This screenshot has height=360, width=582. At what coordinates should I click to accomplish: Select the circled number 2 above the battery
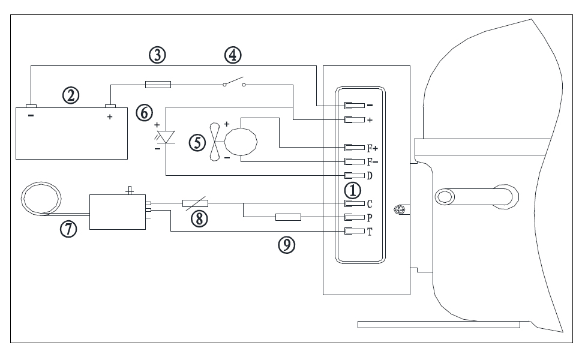click(71, 95)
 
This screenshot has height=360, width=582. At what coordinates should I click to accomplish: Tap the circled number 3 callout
click(157, 55)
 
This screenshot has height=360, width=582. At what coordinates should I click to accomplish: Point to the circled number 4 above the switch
click(233, 55)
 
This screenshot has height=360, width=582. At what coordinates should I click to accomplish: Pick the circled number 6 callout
click(143, 112)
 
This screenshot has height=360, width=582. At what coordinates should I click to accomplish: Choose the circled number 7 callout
click(67, 228)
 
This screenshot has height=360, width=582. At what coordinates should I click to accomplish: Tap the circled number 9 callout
click(287, 245)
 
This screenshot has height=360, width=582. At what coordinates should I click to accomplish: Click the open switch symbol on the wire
click(234, 83)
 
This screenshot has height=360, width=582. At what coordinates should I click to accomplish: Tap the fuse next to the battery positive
click(158, 85)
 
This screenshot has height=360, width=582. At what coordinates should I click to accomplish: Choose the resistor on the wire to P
click(288, 217)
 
